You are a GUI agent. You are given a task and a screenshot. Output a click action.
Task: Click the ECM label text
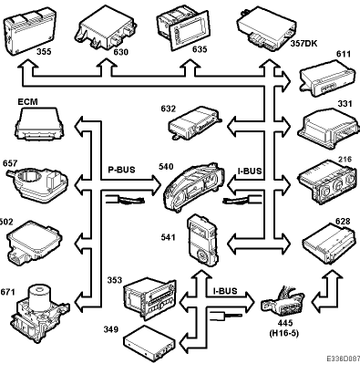pyautogui.click(x=27, y=101)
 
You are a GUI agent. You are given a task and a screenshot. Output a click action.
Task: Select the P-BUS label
pyautogui.click(x=121, y=170)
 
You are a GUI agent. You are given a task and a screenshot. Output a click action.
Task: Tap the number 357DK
pyautogui.click(x=303, y=44)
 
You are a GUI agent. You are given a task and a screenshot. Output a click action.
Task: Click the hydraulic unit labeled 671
pyautogui.click(x=40, y=313)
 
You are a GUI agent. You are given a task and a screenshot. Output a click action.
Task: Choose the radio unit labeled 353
pyautogui.click(x=149, y=297)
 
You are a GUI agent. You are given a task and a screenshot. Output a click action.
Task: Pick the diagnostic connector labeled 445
pyautogui.click(x=283, y=301)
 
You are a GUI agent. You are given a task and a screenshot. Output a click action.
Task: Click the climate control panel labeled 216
pyautogui.click(x=327, y=182)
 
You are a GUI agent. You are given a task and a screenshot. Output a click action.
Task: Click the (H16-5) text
pyautogui.click(x=284, y=333)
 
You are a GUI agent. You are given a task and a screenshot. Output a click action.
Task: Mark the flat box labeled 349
pyautogui.click(x=149, y=343)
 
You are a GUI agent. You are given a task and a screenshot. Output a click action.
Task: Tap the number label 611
pyautogui.click(x=344, y=54)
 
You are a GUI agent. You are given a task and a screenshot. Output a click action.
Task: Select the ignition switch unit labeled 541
pyautogui.click(x=202, y=241)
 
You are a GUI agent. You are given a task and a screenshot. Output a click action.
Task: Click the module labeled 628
pyautogui.click(x=328, y=244)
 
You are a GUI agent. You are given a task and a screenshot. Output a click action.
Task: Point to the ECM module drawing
pyautogui.click(x=39, y=124)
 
